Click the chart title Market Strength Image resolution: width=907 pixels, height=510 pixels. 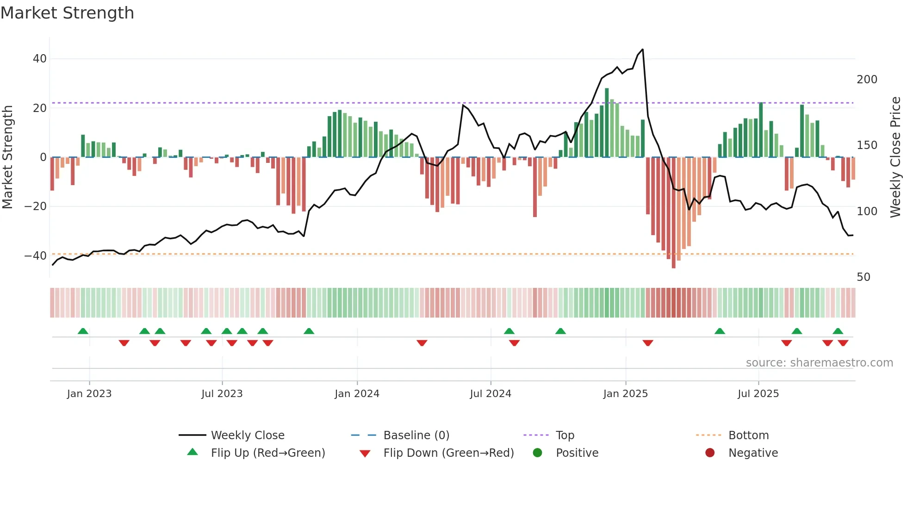coord(67,12)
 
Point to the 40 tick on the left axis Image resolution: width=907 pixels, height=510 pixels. coord(40,59)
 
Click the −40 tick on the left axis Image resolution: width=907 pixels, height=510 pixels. coord(36,255)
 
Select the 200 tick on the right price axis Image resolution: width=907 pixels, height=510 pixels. coord(867,80)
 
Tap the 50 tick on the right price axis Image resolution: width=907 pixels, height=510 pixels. coord(864,277)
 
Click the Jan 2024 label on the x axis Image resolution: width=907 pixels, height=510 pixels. coord(357,394)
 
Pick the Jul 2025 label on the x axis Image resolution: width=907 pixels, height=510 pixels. coord(758,394)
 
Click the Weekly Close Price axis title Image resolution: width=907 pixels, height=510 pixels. coord(895,157)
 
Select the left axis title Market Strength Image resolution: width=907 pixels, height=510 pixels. coord(8,157)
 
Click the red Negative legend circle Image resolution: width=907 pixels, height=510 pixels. coord(709,453)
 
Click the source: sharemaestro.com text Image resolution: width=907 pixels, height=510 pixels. coord(819,363)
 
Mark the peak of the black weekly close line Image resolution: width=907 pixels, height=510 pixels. coord(642,50)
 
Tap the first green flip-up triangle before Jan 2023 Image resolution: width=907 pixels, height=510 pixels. coord(83,331)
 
